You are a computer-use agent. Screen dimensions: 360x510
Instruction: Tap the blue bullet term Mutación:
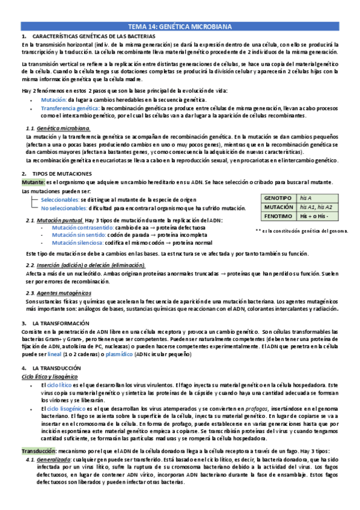(x=53, y=100)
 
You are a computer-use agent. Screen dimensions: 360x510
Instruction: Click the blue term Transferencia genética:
(x=68, y=108)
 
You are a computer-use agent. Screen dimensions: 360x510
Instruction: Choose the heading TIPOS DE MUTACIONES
(x=63, y=174)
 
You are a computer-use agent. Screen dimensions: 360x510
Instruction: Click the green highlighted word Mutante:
(x=33, y=182)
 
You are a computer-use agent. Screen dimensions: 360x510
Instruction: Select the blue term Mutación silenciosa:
(x=78, y=243)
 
